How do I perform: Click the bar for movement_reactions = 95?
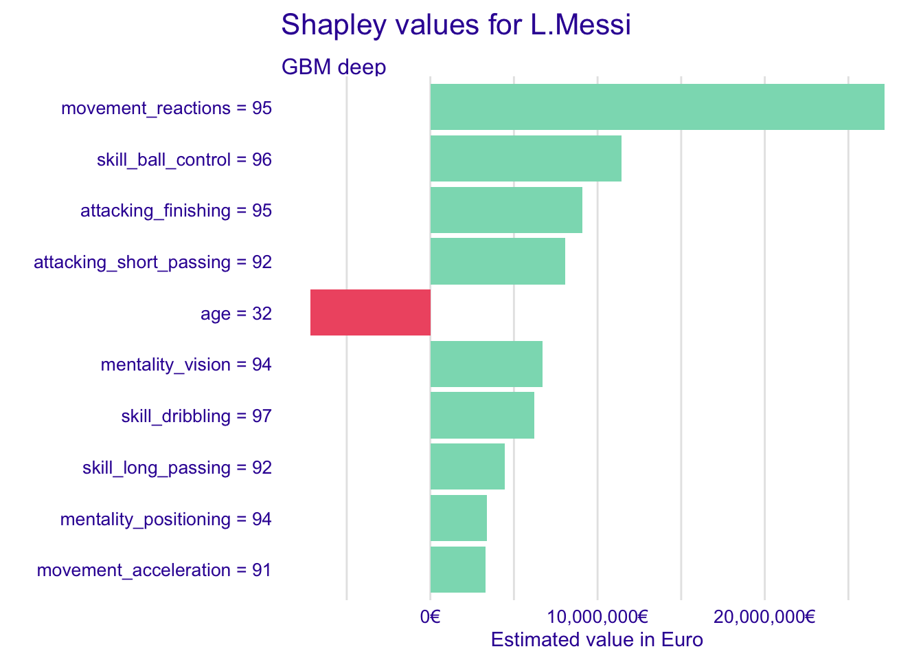pos(657,107)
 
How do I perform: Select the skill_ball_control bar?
pos(525,158)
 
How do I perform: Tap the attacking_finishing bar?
pos(506,210)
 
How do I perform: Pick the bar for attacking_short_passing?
pos(497,261)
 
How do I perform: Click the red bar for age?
pos(370,312)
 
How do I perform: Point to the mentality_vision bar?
pos(486,364)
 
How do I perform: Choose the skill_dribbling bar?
pos(482,415)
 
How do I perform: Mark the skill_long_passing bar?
pos(467,466)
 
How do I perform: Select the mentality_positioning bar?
pos(458,518)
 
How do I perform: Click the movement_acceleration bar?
pos(457,569)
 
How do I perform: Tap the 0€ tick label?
pos(430,617)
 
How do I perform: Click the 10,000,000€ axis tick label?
pos(597,617)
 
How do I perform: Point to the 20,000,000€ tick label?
pos(764,617)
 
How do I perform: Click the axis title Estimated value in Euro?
pos(597,640)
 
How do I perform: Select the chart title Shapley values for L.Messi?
pos(456,25)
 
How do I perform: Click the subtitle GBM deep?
pos(334,67)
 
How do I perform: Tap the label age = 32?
pos(236,313)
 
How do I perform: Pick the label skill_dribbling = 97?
pos(196,416)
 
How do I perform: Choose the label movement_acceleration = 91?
pos(155,570)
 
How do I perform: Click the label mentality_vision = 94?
pos(186,364)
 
